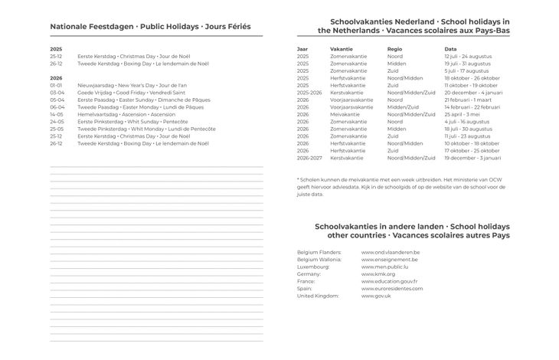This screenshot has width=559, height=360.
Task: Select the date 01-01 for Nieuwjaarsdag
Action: (56, 85)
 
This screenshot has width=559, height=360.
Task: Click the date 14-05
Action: (56, 114)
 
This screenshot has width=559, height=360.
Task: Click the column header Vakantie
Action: (342, 48)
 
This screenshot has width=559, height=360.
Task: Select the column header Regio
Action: (395, 48)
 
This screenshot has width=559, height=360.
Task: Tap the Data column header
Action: (450, 48)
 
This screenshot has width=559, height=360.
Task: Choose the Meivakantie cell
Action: (345, 113)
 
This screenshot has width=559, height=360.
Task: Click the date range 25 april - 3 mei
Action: (463, 113)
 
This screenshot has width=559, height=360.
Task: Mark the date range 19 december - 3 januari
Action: (472, 157)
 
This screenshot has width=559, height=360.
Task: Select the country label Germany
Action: (309, 273)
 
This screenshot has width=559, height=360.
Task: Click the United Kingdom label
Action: (317, 296)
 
